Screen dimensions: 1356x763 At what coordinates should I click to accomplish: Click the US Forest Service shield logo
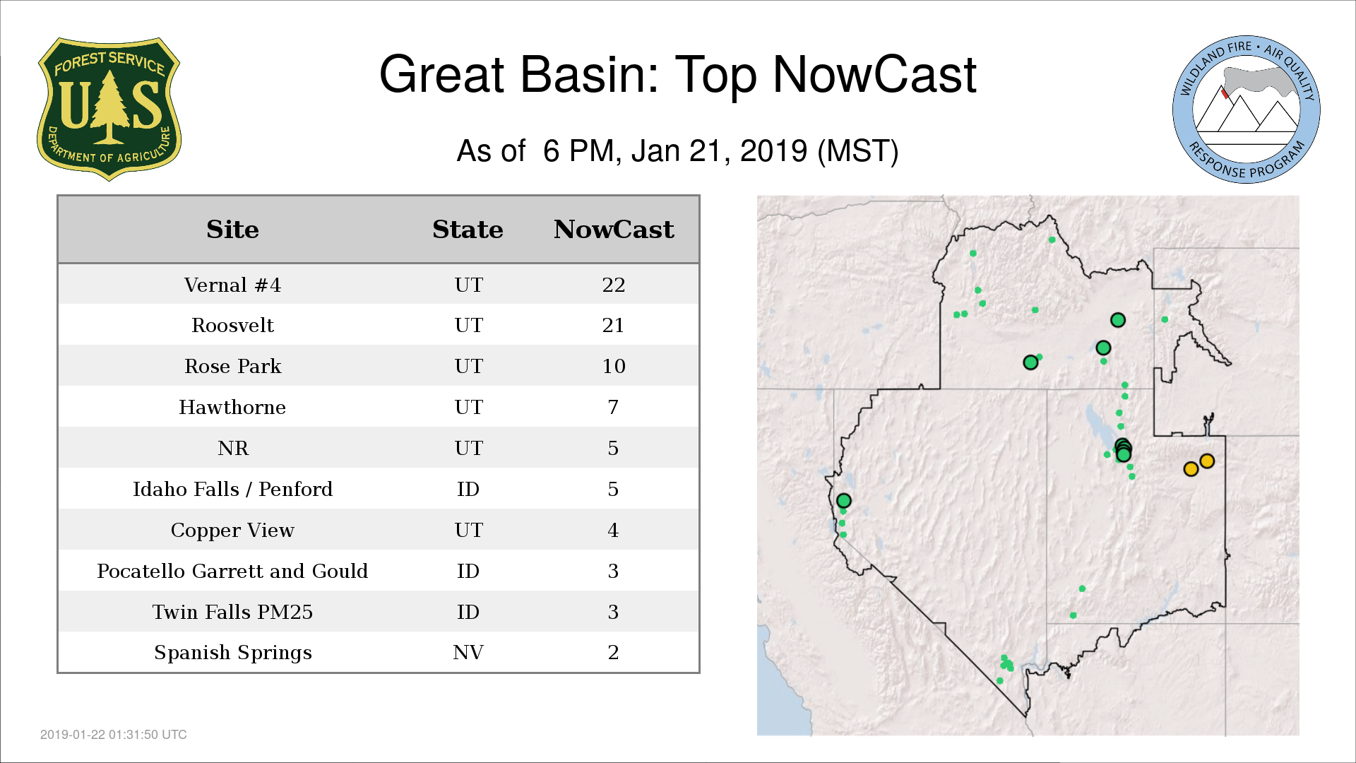[x=109, y=109]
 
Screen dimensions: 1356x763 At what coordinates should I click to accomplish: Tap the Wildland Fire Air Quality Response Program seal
[x=1246, y=110]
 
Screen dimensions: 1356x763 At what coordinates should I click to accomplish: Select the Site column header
[x=232, y=230]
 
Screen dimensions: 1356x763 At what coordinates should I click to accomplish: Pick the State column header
[x=468, y=230]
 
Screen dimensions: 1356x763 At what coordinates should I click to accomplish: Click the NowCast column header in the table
[x=614, y=230]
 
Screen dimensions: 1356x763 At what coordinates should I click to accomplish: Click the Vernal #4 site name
[x=232, y=285]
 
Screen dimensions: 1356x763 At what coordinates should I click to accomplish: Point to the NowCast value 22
[x=614, y=285]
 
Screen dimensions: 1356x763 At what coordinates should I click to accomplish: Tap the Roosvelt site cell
[x=232, y=326]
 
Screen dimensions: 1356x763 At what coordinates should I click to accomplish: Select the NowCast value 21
[x=614, y=326]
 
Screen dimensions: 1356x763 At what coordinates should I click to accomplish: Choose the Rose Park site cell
[x=232, y=367]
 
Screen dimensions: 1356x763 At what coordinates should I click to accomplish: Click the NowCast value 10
[x=614, y=367]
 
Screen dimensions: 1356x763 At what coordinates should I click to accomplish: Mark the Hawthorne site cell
[x=232, y=408]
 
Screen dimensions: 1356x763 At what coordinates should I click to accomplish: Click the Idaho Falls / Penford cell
[x=232, y=490]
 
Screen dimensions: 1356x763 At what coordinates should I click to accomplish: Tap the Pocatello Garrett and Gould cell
[x=232, y=572]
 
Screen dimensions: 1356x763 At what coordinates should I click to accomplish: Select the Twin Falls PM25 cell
[x=232, y=613]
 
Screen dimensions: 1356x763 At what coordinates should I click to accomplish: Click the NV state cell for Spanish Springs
[x=468, y=653]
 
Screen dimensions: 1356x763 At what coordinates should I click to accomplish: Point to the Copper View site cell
[x=232, y=531]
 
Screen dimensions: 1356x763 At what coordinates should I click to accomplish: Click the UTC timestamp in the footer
[x=114, y=735]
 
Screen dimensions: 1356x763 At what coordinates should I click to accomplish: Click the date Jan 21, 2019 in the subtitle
[x=719, y=151]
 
